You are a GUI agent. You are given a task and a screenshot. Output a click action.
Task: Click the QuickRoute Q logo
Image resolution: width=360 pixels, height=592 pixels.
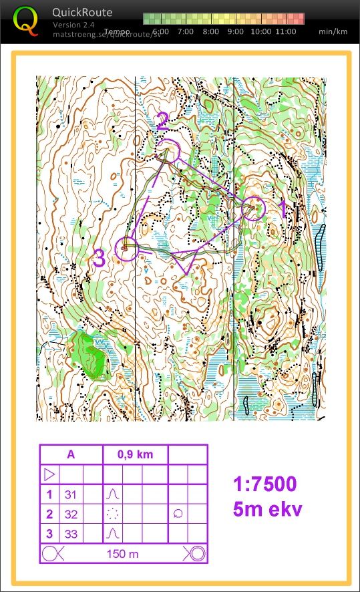tap(25, 21)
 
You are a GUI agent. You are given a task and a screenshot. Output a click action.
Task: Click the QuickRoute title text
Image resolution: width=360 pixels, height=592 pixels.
tap(83, 12)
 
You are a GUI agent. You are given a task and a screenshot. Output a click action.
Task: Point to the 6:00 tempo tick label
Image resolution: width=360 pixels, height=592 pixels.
tap(160, 31)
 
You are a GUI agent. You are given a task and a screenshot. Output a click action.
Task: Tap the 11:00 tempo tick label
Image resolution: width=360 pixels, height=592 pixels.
tap(285, 31)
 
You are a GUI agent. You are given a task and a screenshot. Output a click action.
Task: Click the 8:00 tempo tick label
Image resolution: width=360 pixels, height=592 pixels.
tap(210, 31)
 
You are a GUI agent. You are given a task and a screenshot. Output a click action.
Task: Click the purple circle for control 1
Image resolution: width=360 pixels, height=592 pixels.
tap(254, 208)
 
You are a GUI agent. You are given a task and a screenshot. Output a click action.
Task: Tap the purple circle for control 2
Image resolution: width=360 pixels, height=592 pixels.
tap(169, 152)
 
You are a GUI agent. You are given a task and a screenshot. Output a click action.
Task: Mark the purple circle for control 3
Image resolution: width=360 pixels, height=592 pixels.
tap(126, 249)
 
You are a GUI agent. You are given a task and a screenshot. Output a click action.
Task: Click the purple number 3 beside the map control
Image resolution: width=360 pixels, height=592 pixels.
tap(99, 259)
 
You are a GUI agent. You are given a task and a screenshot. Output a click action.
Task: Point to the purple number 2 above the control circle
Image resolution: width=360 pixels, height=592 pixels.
tap(162, 122)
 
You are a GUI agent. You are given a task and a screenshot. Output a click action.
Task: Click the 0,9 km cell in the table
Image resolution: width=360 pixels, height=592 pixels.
tap(135, 455)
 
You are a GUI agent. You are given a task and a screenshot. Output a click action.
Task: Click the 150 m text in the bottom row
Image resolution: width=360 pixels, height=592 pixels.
tap(122, 554)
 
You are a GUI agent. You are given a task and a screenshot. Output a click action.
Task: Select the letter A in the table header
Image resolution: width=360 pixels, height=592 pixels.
tap(71, 455)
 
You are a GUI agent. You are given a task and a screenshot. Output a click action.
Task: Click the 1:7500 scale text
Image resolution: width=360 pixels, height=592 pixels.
tap(265, 484)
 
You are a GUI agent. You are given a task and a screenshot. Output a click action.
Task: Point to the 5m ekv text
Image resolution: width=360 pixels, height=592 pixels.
tap(267, 509)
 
